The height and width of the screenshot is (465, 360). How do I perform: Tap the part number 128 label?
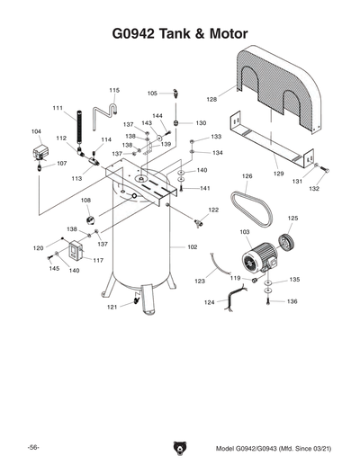point(211,99)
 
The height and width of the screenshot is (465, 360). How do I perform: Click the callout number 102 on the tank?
point(192,246)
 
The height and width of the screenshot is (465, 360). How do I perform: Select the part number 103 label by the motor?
point(244,232)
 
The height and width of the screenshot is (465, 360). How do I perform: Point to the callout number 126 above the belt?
point(246,176)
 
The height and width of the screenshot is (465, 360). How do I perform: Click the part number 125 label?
point(292,219)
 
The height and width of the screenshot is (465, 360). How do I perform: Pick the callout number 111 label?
point(57,109)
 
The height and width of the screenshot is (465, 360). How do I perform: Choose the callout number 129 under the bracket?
point(278,173)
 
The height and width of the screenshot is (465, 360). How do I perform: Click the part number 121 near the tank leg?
point(112,308)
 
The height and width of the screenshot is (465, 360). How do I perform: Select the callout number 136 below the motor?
point(292,301)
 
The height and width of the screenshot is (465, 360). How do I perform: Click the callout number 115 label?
point(114,91)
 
